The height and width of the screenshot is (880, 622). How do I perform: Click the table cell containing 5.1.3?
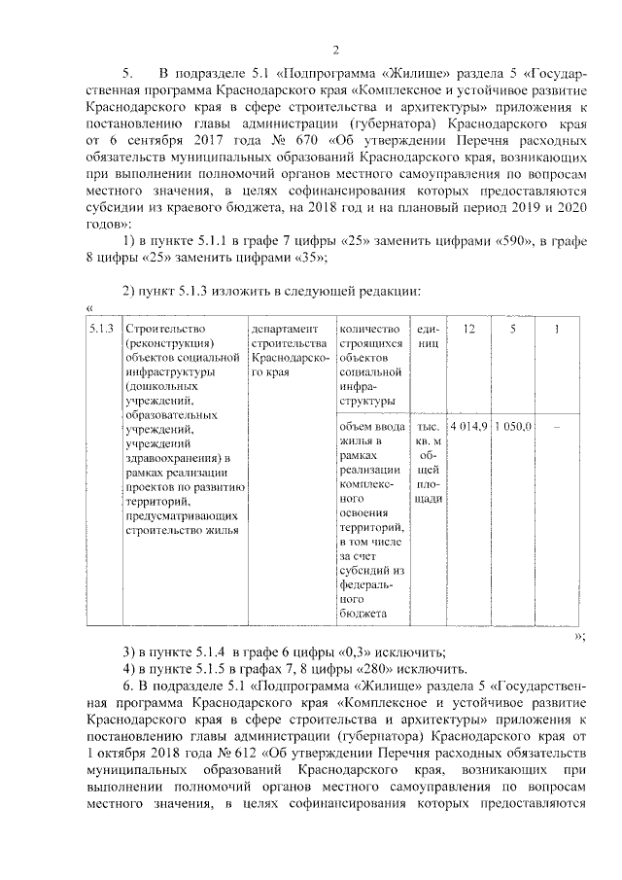tap(102, 330)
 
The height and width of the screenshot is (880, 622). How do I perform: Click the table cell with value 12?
tap(469, 330)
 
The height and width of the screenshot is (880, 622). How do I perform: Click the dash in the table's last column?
tap(556, 429)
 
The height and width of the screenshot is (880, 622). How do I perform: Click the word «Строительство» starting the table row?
tap(158, 330)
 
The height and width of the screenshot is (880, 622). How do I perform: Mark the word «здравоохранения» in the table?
tap(171, 458)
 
